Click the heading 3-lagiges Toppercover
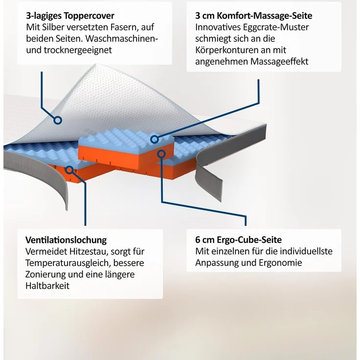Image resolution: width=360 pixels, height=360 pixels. coord(70,16)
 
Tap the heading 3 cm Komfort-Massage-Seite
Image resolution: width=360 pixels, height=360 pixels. coord(254,16)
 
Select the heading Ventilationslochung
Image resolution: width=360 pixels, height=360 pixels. coord(66,240)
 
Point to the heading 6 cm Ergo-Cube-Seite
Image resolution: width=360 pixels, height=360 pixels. coord(239,240)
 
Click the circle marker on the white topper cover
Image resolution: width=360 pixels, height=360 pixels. coord(58,120)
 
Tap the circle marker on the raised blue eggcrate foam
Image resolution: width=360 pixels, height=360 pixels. coord(155,139)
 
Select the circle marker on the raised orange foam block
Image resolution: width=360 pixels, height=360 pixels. coord(161,154)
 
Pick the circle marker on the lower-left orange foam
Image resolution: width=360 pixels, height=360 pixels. coord(69,170)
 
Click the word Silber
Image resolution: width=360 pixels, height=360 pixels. coord(53,27)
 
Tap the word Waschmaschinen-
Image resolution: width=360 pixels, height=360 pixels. coord(122,39)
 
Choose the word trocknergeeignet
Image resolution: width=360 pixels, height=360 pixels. coord(78,50)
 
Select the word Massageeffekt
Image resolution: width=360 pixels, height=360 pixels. coord(279,62)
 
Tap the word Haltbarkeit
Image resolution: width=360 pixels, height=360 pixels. coord(47,286)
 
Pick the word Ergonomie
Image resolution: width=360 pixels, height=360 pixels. coord(280,263)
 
